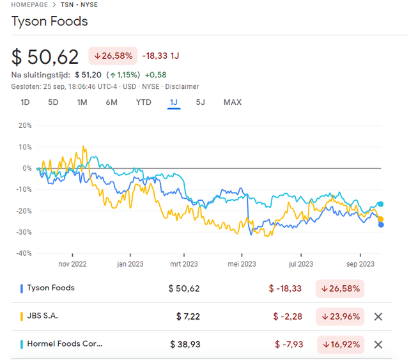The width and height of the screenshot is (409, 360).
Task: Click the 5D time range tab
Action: tap(54, 102)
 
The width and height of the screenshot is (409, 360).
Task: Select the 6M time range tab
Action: tap(111, 102)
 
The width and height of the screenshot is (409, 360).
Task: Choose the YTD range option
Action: tap(144, 102)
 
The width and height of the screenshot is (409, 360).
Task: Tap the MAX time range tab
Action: tap(233, 102)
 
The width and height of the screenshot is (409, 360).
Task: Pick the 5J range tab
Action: tap(201, 102)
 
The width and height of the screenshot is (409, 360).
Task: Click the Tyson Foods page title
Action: tap(50, 21)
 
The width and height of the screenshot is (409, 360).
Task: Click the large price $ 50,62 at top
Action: tap(45, 57)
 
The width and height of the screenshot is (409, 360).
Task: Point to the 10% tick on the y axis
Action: tap(25, 147)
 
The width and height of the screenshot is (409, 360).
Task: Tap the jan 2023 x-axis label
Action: tap(130, 263)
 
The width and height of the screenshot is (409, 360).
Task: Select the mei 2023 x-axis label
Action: tap(242, 263)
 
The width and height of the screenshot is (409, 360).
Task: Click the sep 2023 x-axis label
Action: tap(361, 263)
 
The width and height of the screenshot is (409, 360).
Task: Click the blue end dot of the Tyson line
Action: tap(381, 224)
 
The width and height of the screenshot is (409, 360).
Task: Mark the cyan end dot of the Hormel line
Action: tap(381, 204)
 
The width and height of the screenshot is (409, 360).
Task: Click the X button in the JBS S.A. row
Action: tap(378, 317)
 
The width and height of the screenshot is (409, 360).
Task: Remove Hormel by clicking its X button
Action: tap(378, 345)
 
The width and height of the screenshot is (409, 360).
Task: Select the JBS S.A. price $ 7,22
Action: tap(188, 317)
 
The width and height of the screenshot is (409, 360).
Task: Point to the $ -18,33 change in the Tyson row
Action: tap(285, 288)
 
